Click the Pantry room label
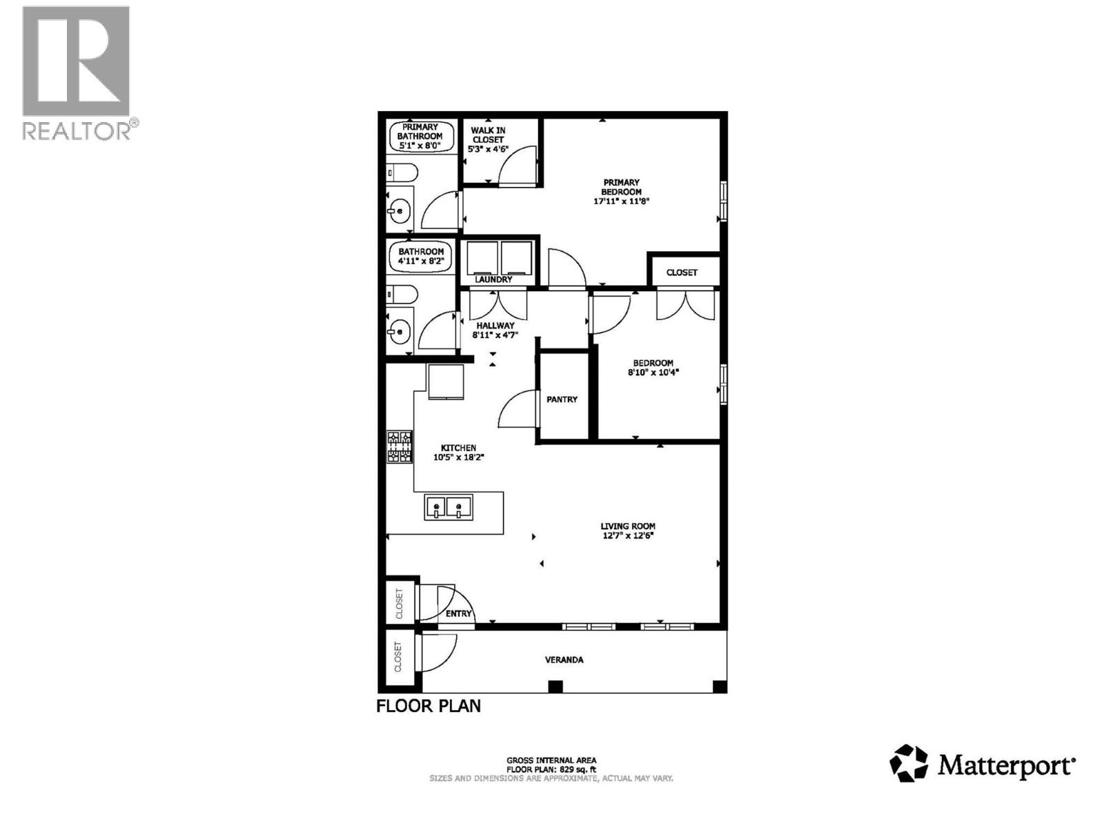[562, 400]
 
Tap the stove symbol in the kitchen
[400, 446]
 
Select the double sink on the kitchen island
[448, 508]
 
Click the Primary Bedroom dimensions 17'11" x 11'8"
[622, 202]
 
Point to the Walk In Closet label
[488, 135]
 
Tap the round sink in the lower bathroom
[399, 333]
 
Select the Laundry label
[493, 279]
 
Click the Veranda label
[564, 660]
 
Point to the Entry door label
[459, 613]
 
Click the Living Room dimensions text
[627, 535]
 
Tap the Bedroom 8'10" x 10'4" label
[653, 368]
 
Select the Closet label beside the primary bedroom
[682, 273]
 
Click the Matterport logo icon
[909, 763]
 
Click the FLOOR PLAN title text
[428, 706]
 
